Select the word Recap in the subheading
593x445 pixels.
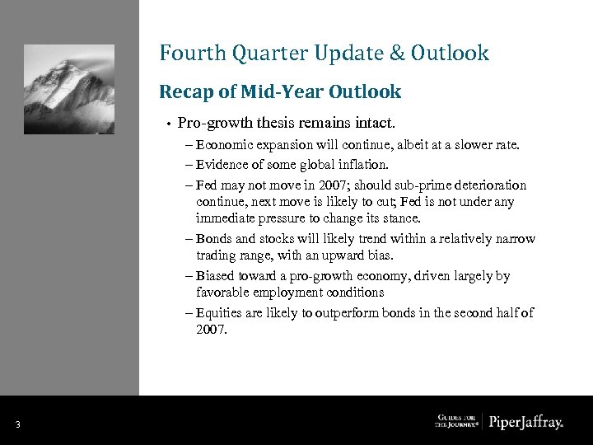coord(184,91)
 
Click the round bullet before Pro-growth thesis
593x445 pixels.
coord(167,124)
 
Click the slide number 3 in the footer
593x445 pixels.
coord(17,424)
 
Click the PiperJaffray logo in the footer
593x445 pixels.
coord(525,423)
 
